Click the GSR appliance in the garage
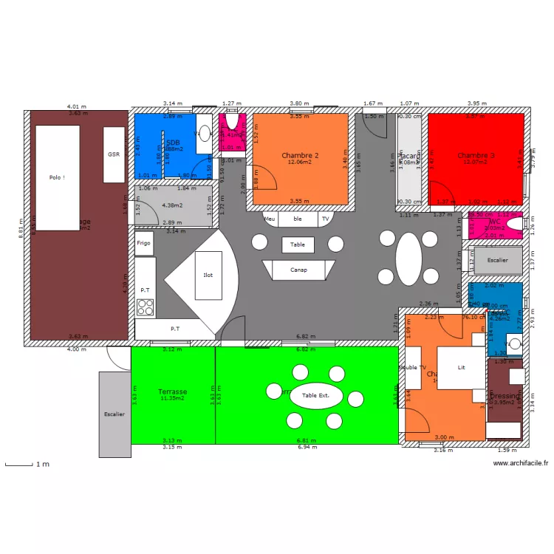click(x=114, y=154)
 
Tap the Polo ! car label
click(x=57, y=177)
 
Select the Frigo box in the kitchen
click(x=143, y=243)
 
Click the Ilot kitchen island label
click(x=208, y=275)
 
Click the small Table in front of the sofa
click(x=298, y=244)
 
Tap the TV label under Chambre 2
click(x=325, y=219)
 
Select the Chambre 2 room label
click(x=300, y=155)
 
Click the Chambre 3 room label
click(x=476, y=155)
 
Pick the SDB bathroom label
click(x=173, y=143)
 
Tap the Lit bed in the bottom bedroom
click(x=462, y=367)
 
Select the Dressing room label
click(x=506, y=397)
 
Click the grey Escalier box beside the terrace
click(x=114, y=414)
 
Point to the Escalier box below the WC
click(x=498, y=261)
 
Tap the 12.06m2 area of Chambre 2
click(x=300, y=163)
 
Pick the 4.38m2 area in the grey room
click(x=172, y=205)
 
